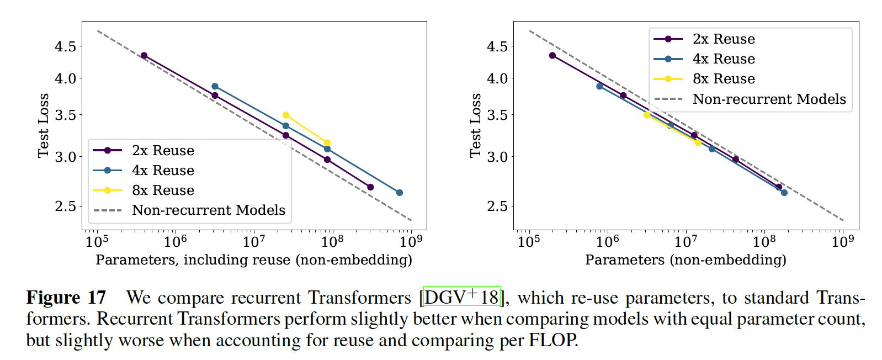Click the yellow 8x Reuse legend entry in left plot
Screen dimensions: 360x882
tap(163, 190)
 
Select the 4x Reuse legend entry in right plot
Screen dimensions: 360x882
tap(724, 59)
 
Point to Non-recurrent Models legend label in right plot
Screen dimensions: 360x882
tap(769, 99)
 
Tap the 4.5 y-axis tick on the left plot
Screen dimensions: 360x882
tap(65, 46)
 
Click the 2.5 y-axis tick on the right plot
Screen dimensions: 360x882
tap(497, 207)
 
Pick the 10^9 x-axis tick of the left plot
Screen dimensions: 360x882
tap(411, 242)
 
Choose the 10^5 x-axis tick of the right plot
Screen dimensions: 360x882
tap(528, 242)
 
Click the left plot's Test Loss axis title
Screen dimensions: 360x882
tap(43, 125)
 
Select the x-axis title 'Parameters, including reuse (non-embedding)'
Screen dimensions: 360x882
tap(254, 260)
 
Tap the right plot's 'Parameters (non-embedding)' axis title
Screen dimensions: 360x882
tap(686, 260)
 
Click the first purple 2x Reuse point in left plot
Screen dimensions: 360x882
tap(144, 56)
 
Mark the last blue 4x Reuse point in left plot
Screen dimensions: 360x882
tap(400, 193)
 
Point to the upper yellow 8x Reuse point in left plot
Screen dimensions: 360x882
tap(285, 115)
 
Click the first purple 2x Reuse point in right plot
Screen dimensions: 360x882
tap(552, 56)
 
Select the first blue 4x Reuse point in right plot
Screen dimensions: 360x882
tap(600, 86)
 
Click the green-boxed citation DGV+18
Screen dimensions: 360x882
tap(461, 297)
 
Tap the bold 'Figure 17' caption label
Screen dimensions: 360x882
tap(66, 298)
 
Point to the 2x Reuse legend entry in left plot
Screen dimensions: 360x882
tap(163, 151)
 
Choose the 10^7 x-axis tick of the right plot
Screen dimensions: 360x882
tap(686, 242)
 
